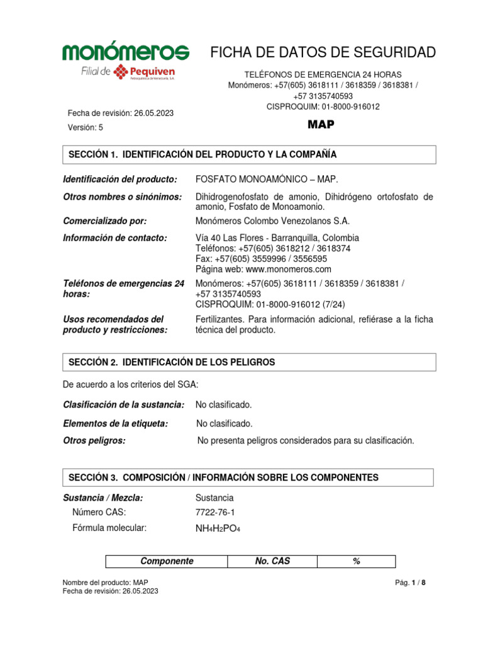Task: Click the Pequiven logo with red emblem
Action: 147,72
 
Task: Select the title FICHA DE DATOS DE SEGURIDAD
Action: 322,53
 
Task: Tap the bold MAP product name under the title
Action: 321,124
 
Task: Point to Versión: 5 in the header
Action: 86,127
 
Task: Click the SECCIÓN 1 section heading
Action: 203,154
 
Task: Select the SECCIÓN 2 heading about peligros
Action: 172,362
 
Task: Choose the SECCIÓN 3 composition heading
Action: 223,477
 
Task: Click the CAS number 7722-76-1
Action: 216,512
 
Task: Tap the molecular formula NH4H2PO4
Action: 218,529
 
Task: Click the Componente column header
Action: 167,561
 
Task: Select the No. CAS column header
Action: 272,561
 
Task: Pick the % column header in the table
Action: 356,561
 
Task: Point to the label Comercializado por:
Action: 105,221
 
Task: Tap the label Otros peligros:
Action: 94,441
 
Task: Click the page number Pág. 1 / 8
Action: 409,583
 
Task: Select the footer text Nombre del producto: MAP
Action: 105,583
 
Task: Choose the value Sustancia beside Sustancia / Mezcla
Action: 215,498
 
